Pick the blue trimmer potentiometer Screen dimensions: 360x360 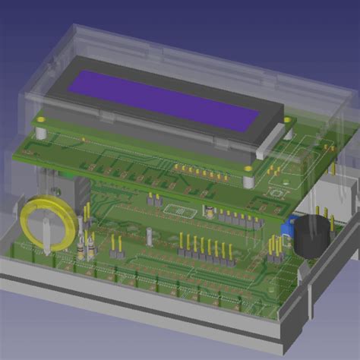click(288, 224)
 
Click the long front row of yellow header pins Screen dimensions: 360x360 click(206, 248)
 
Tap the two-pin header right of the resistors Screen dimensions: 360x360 click(116, 245)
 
